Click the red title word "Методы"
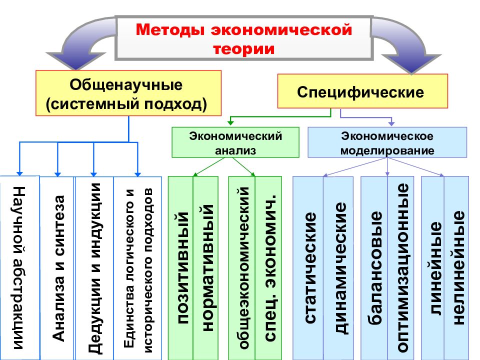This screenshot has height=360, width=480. click(170, 30)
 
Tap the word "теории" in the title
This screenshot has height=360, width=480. click(243, 49)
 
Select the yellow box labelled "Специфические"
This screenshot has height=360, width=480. click(363, 91)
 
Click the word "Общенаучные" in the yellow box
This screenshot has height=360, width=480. click(126, 85)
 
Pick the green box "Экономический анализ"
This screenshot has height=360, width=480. click(235, 142)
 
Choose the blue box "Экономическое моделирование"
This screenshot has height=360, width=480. click(387, 142)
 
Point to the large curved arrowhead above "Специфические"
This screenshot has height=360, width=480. click(411, 63)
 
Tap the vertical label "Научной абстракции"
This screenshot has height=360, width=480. click(19, 268)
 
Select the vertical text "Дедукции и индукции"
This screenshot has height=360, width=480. click(94, 268)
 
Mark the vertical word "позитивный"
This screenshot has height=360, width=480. click(183, 268)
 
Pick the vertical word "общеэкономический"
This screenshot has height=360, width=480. click(244, 268)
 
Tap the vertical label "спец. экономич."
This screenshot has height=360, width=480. click(270, 268)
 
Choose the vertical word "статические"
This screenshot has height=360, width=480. click(310, 268)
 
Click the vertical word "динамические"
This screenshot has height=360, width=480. click(340, 268)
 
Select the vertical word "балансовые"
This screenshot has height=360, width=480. click(375, 268)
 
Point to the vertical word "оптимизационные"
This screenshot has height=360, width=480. click(402, 268)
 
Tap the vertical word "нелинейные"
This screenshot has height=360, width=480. click(458, 268)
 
